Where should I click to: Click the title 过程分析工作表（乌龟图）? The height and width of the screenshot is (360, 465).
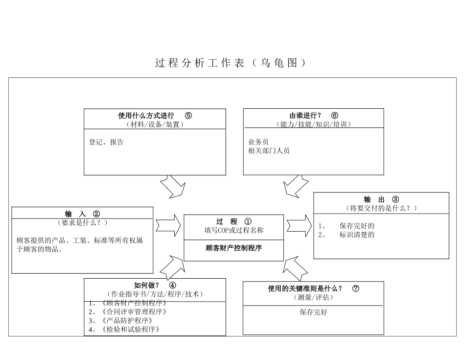point(231,63)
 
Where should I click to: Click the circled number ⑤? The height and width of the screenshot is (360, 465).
point(188,116)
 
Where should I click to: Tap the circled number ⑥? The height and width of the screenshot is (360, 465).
point(335,116)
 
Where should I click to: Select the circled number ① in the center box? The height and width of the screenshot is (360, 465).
point(248,221)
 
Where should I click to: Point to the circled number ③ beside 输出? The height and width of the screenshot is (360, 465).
point(395,199)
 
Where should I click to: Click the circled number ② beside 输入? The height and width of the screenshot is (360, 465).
point(96,214)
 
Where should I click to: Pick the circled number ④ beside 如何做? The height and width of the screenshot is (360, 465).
point(173,286)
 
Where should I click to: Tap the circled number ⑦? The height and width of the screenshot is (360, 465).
point(356,288)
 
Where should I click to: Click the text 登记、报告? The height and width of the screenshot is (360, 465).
point(106,142)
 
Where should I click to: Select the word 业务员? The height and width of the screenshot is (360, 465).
point(258,142)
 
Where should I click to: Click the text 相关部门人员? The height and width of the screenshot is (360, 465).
point(269,151)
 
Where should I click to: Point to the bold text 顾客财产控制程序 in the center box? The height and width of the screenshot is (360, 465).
point(234,248)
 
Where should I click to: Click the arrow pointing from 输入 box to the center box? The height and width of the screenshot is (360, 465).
point(168,226)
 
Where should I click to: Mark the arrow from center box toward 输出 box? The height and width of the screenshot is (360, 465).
point(299,226)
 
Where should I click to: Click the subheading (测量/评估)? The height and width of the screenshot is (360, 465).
point(313,297)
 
